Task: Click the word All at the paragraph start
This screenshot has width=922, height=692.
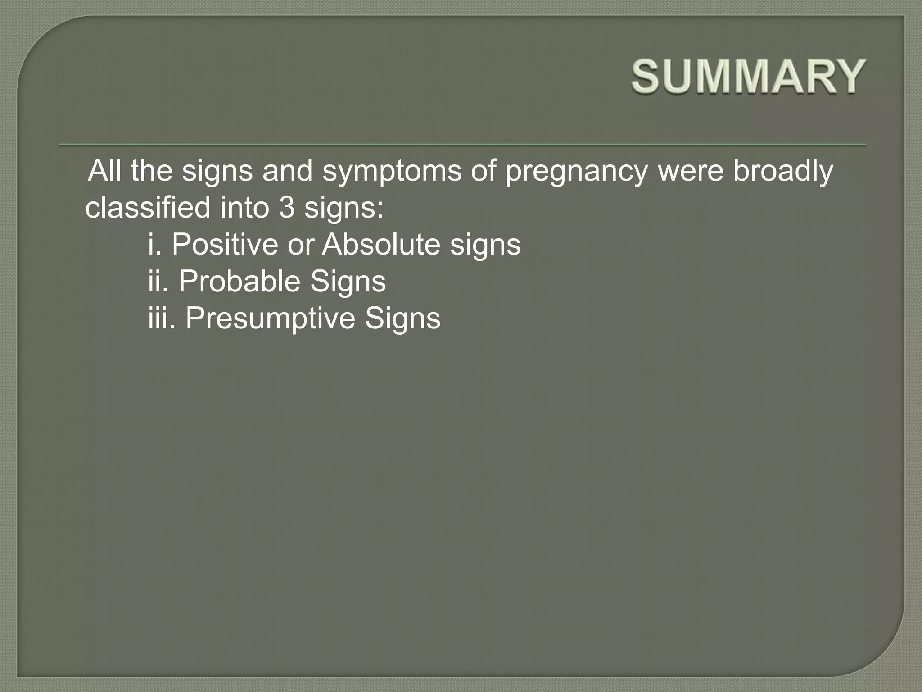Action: pyautogui.click(x=104, y=171)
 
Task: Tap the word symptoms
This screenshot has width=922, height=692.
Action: pyautogui.click(x=392, y=172)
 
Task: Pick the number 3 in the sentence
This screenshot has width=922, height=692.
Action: pyautogui.click(x=286, y=208)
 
